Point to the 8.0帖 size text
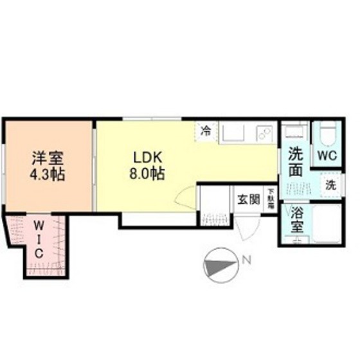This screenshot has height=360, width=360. pyautogui.click(x=148, y=173)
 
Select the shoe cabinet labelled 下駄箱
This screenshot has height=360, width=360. pyautogui.click(x=271, y=194)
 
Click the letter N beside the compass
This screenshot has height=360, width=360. pyautogui.click(x=246, y=261)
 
